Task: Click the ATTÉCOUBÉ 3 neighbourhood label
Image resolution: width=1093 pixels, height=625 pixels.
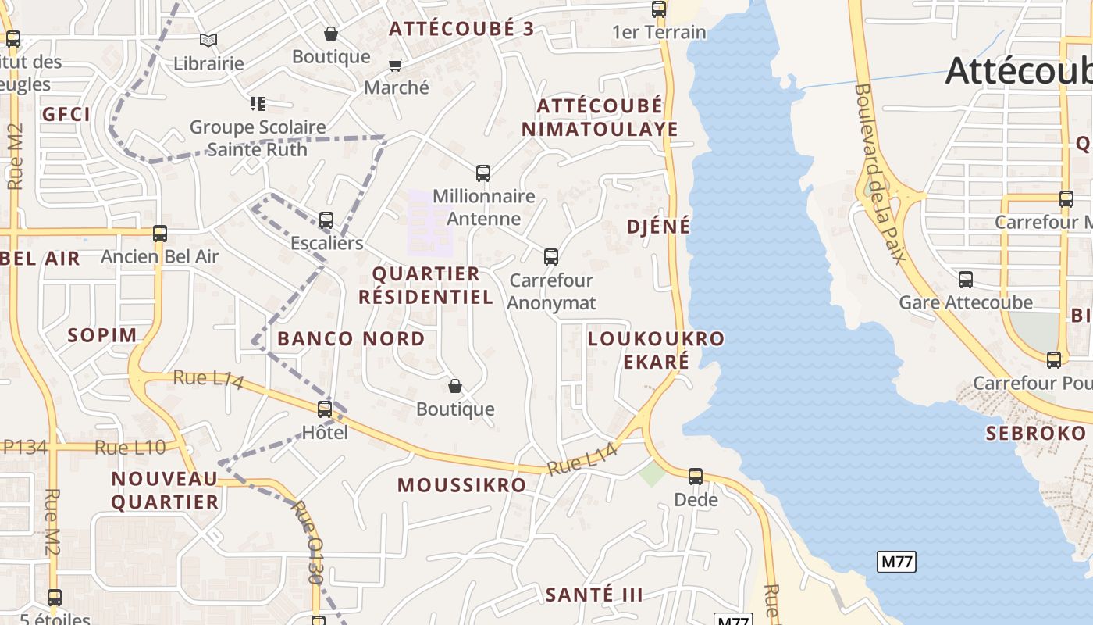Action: pos(461,29)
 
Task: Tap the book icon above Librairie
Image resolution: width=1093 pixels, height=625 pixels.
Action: pos(208,40)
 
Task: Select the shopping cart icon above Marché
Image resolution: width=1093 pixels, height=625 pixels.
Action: pos(396,65)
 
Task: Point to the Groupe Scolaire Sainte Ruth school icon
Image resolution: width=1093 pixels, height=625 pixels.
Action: pos(258,103)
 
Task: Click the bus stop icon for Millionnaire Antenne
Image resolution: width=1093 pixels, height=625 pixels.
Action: pos(483,173)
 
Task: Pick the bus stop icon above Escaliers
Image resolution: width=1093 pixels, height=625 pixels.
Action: pos(326,220)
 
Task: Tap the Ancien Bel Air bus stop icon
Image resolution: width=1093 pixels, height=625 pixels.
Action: pos(160,233)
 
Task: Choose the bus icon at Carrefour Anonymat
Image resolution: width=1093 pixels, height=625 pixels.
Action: pos(551,256)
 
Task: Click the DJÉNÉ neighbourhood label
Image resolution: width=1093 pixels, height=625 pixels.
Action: pos(659,227)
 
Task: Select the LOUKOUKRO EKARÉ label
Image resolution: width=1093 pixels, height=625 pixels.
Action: pos(656,350)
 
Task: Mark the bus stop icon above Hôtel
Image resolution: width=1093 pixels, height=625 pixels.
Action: pos(325,409)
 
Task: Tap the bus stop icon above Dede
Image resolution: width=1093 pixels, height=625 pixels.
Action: pos(696,476)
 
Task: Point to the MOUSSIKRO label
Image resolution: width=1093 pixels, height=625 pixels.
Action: pos(462,485)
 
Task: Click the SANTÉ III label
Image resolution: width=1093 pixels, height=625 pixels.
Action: pos(594,595)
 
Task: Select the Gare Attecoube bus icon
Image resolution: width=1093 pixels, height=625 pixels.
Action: pos(966,279)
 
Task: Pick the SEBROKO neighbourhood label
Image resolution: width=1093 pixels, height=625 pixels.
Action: pos(1035,434)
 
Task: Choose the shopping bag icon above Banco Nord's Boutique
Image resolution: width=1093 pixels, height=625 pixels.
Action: pos(455,386)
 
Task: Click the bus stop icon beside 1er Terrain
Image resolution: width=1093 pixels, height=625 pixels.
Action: pos(659,9)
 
